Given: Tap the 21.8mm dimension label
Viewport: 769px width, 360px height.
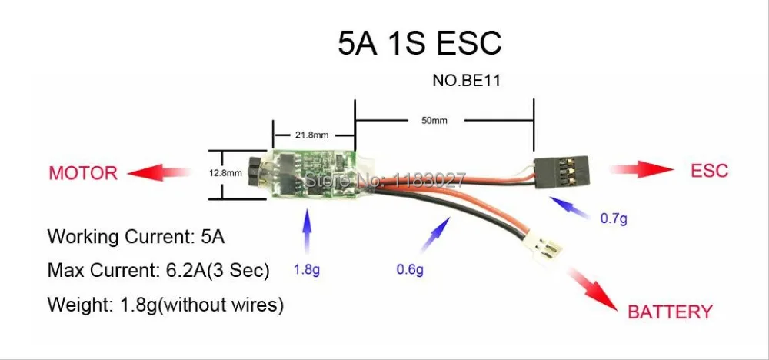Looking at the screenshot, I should (312, 135).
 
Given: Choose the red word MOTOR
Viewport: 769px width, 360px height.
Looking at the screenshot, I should (83, 172).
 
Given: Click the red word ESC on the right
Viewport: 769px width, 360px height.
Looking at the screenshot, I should (709, 171).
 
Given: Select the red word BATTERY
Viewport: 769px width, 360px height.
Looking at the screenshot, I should (670, 312).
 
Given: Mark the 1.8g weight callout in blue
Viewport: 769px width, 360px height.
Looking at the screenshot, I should (307, 270).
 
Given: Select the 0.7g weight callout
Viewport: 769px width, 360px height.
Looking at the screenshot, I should (614, 218).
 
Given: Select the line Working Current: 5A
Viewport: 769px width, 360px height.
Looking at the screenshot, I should (136, 236).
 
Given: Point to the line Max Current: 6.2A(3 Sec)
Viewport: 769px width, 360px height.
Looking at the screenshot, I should (158, 271).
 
